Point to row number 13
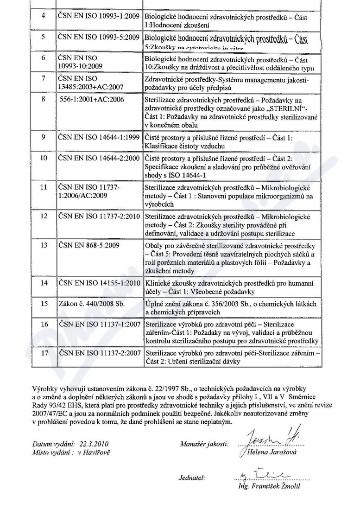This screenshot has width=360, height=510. point(43,245)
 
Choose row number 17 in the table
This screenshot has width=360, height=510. point(43,353)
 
